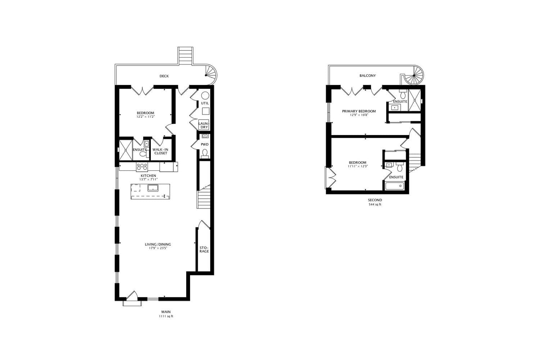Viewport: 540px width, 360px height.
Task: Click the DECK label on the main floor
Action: [x=164, y=76]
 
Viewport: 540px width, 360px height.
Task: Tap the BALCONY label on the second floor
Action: [x=368, y=76]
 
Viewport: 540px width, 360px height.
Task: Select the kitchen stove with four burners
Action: [x=142, y=167]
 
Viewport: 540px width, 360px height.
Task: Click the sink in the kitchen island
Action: [x=153, y=188]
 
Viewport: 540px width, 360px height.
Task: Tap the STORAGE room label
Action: [x=204, y=249]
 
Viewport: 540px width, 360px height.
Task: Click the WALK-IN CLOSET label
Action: [x=161, y=152]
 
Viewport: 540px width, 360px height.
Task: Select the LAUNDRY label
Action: [x=204, y=125]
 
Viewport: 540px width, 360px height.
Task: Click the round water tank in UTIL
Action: [x=205, y=95]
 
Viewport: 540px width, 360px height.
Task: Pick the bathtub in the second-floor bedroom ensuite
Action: [x=395, y=186]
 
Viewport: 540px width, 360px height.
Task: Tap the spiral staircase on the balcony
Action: [x=414, y=75]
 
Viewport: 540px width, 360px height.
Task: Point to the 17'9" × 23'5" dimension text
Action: [x=158, y=248]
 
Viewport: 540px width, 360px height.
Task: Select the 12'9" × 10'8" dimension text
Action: [x=359, y=115]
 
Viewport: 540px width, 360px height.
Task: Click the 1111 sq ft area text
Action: [x=166, y=316]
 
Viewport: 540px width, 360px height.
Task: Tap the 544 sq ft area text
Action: [x=375, y=204]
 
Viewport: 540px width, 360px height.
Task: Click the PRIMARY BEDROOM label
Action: [x=359, y=111]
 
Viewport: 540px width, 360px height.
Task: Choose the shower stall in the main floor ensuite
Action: [x=126, y=150]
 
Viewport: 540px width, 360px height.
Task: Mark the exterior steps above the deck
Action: [x=185, y=56]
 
